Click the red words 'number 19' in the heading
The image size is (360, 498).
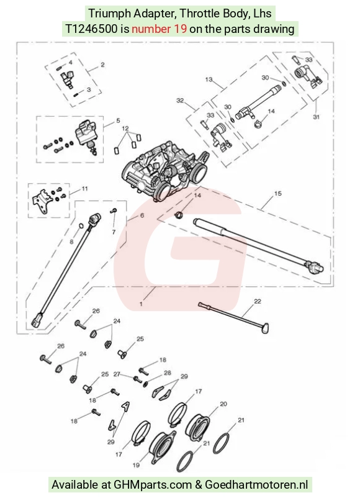[x=159, y=29]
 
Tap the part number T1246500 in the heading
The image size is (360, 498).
[x=91, y=29]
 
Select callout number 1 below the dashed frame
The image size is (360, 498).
[x=141, y=304]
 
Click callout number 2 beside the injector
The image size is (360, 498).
[x=102, y=65]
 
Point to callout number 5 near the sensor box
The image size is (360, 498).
[x=118, y=120]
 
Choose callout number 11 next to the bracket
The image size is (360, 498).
[x=84, y=189]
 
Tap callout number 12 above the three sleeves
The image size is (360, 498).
[x=125, y=129]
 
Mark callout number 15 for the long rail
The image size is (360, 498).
[x=277, y=193]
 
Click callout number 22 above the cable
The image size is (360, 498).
[x=258, y=301]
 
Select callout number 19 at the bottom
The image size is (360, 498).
[x=136, y=465]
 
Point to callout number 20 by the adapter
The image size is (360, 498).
[x=223, y=404]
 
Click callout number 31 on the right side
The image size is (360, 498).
[x=316, y=117]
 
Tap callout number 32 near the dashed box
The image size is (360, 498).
[x=180, y=101]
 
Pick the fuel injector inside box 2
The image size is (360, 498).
[x=68, y=79]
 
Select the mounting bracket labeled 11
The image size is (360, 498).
[x=40, y=201]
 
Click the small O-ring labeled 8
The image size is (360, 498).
[x=81, y=226]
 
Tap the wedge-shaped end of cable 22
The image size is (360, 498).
[x=266, y=328]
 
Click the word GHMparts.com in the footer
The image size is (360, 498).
[x=153, y=485]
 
